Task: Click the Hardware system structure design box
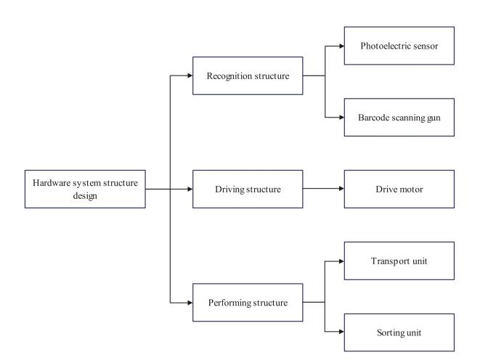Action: coord(84,189)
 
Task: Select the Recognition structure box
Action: coord(247,75)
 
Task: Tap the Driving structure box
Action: coord(247,189)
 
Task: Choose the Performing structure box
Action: coord(247,303)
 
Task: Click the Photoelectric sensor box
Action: coord(399,46)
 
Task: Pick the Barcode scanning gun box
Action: coord(399,117)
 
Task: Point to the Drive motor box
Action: coord(399,189)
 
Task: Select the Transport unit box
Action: coord(399,261)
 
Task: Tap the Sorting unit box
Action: coord(399,332)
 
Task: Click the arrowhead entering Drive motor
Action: coord(340,189)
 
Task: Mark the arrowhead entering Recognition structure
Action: coord(189,75)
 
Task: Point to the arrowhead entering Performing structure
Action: coord(189,303)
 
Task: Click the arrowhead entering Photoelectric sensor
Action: coord(340,46)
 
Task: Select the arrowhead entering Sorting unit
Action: coord(340,332)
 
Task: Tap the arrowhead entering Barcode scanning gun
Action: coord(340,117)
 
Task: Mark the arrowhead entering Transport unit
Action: coord(340,261)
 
